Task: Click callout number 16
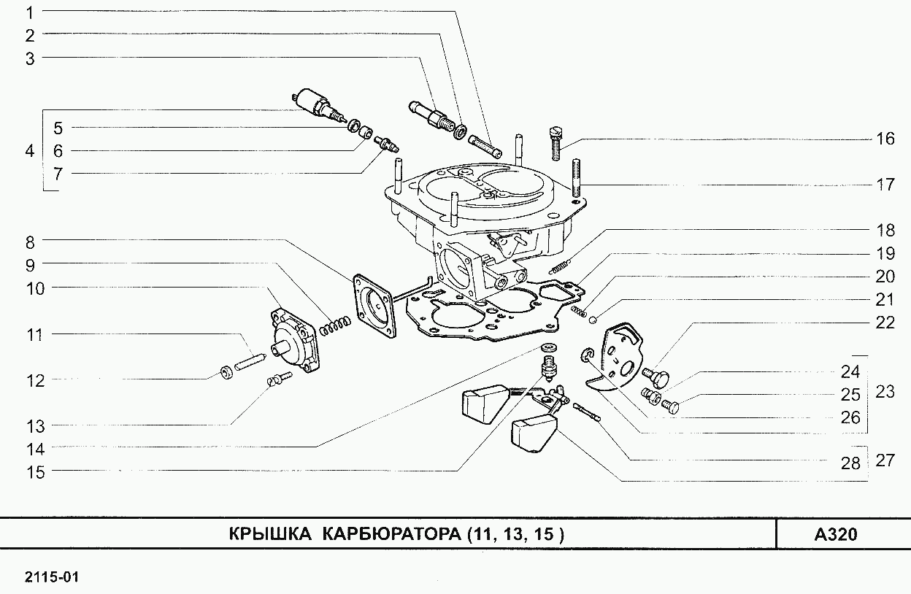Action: [x=885, y=139]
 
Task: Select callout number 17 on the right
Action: [x=885, y=185]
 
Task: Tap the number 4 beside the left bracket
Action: [x=29, y=151]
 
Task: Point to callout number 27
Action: [x=885, y=460]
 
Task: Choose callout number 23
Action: [x=885, y=392]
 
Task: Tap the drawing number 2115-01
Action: [x=51, y=577]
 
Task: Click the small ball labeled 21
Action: [x=593, y=318]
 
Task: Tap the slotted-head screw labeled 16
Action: [x=555, y=144]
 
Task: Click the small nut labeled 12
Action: [x=227, y=373]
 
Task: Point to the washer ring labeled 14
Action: [x=547, y=346]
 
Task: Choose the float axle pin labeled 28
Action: [x=586, y=412]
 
